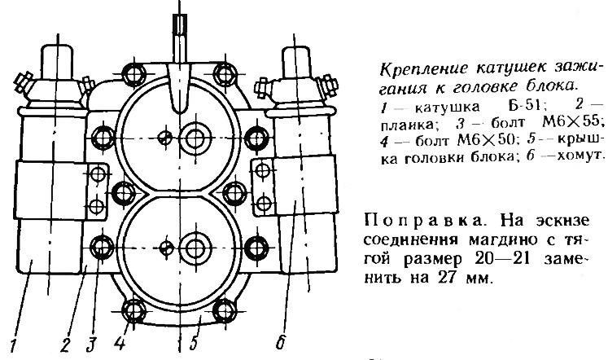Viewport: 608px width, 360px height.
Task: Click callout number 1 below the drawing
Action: point(14,345)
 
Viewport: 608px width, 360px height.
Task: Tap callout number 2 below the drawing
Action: point(66,345)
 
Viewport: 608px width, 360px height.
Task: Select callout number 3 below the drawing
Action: point(91,345)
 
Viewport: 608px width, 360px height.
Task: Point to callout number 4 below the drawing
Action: point(120,344)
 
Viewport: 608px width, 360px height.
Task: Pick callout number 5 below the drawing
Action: point(194,344)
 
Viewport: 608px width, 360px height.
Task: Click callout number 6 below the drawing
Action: point(281,342)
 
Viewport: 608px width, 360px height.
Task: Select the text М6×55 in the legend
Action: point(574,123)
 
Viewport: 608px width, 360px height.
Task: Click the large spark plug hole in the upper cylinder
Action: point(195,138)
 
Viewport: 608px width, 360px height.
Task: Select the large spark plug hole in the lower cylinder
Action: point(195,248)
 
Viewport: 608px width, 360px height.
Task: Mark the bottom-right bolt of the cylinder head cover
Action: point(225,311)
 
